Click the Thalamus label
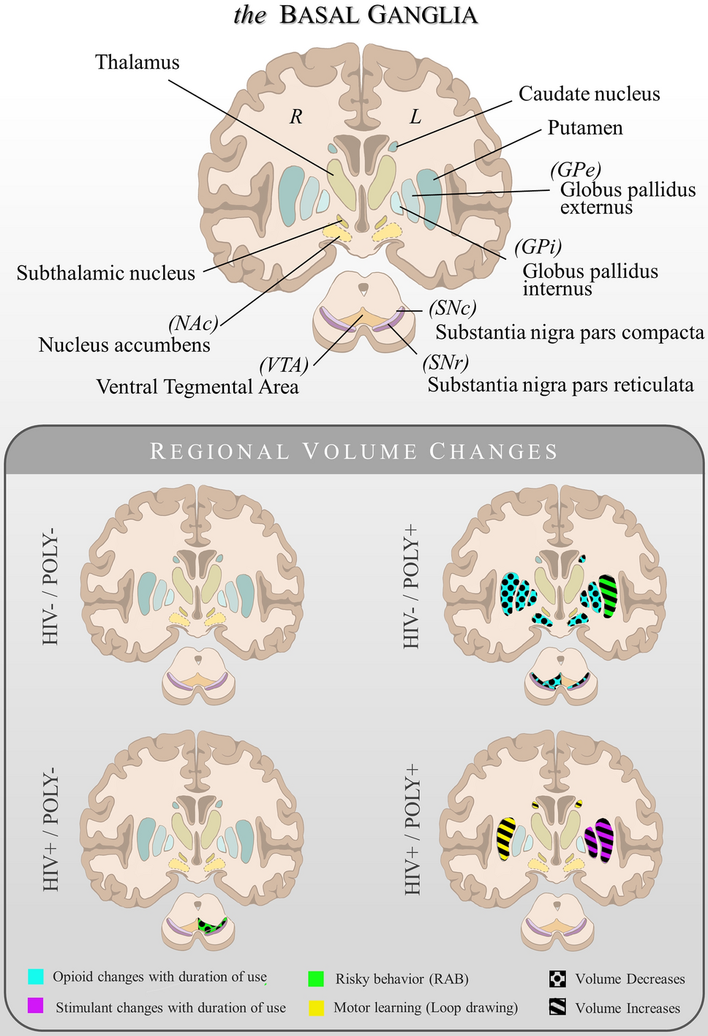137,62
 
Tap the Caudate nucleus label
589,94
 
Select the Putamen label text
585,128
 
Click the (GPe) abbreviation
575,169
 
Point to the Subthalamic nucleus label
106,274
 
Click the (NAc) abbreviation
193,323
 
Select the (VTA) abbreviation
284,364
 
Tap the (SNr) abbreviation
444,361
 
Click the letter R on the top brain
295,116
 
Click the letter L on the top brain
415,116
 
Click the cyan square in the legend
36,977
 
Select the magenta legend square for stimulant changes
36,1006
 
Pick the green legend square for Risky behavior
316,978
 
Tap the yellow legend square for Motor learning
316,1007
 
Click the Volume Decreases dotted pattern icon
557,978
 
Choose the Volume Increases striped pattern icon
557,1007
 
